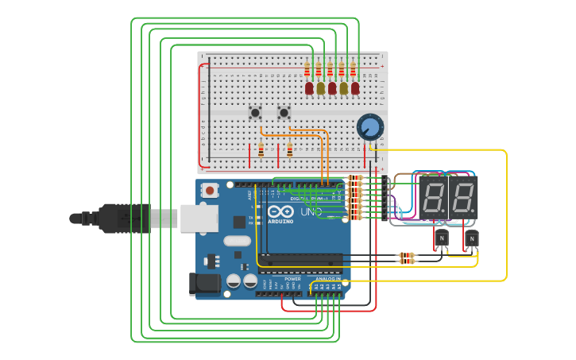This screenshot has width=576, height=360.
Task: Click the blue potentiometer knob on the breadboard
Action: coord(369,126)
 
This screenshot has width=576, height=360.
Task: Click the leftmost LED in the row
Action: coord(309,88)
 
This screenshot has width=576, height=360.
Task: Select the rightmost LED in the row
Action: coord(355,88)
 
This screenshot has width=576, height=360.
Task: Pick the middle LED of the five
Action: coord(332,88)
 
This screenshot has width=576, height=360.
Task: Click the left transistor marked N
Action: coord(442,238)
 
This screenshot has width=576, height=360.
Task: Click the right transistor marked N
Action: coord(472,238)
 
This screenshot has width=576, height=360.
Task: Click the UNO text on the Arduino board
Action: coord(311,212)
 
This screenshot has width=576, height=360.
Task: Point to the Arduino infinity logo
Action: coord(281,213)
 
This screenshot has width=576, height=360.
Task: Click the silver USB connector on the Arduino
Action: coord(199,218)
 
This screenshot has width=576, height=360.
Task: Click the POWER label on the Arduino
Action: coord(292,279)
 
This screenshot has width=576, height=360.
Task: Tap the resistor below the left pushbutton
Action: coord(261,149)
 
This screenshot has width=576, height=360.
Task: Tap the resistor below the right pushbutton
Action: coord(289,149)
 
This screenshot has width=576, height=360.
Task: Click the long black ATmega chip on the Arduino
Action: coord(303,259)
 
